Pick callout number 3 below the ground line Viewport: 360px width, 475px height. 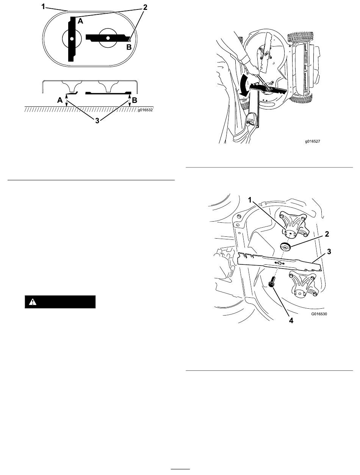(98, 123)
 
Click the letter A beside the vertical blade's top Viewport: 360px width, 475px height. (80, 22)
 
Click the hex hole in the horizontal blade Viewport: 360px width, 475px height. (108, 37)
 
